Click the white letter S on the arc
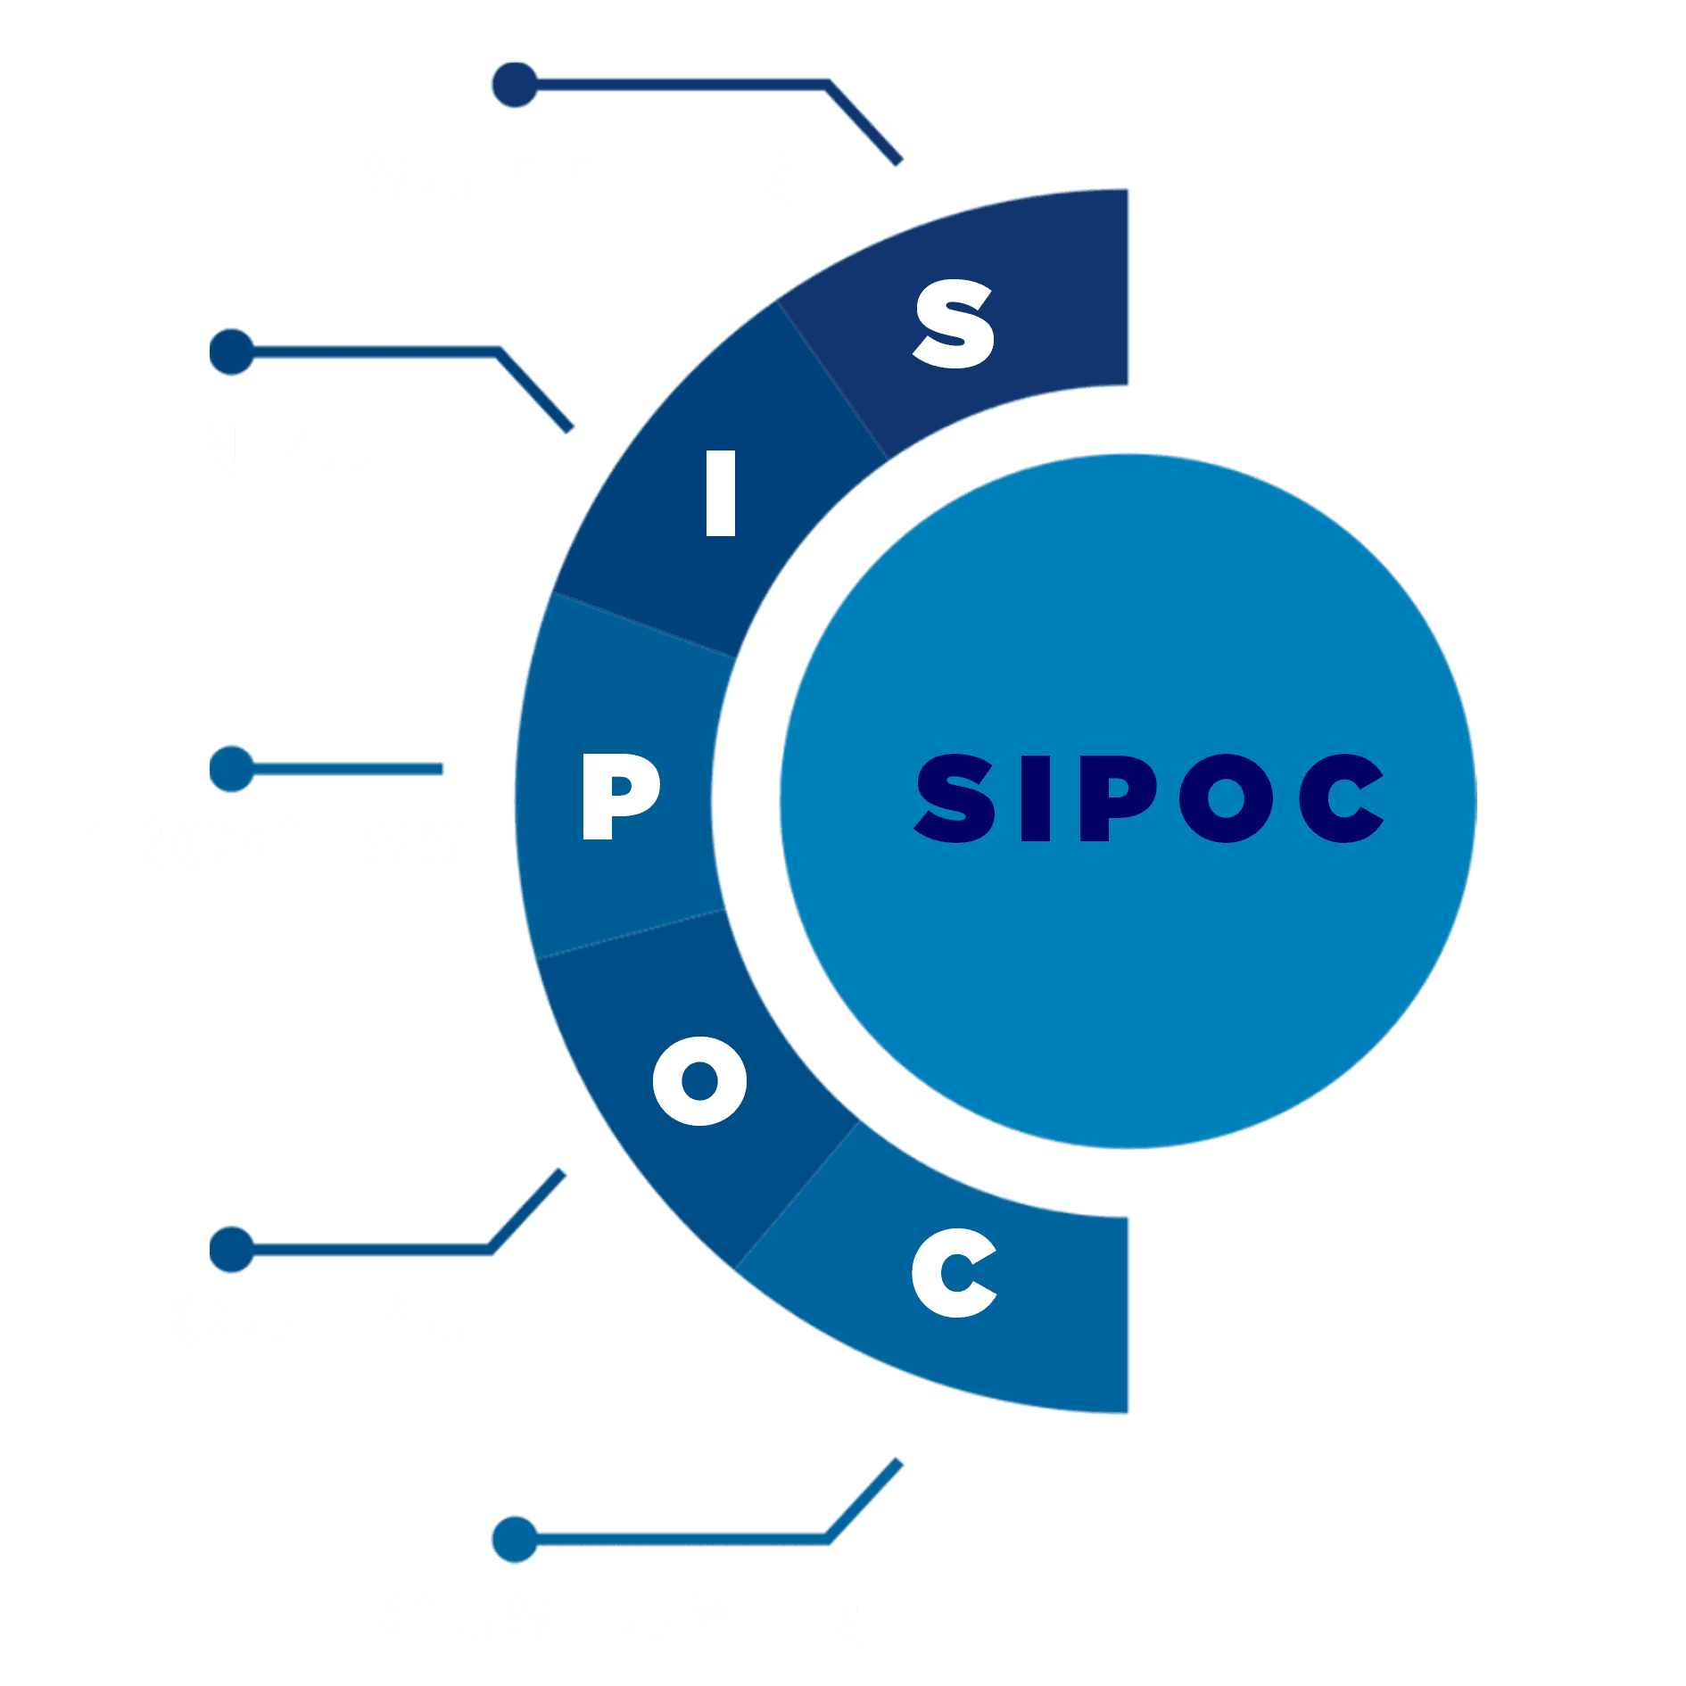[953, 324]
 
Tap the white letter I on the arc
[720, 493]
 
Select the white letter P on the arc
[621, 796]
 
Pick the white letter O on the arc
[699, 1081]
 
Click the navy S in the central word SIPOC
[955, 798]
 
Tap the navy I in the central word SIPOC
[1036, 798]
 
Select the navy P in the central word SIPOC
[1119, 798]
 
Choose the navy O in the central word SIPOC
[1227, 798]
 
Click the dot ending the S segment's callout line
[515, 85]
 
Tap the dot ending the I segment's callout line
[232, 352]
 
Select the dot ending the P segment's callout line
[232, 769]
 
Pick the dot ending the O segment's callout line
[232, 1249]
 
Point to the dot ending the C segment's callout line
[515, 1540]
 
